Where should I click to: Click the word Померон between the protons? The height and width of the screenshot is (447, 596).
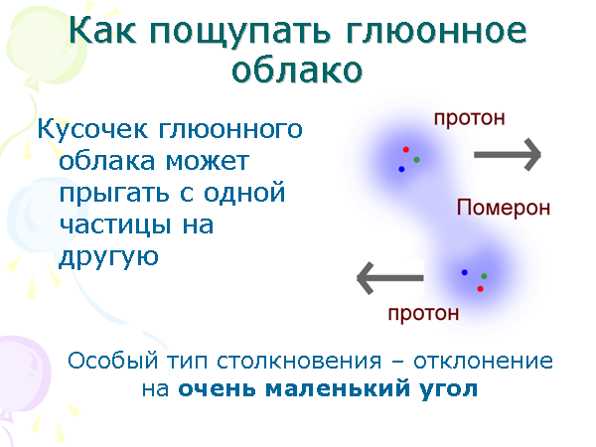503,208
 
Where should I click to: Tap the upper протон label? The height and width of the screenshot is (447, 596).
469,117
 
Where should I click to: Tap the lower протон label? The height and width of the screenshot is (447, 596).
423,314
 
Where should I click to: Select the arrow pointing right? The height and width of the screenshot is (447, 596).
507,154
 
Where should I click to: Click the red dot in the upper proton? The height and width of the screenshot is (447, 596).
406,149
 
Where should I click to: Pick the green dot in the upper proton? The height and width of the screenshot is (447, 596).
417,159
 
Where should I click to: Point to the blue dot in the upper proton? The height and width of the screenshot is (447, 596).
401,169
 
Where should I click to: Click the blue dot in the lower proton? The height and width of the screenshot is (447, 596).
464,271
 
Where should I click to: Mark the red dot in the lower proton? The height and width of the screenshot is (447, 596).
480,288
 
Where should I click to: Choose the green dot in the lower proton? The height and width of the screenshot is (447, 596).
484,276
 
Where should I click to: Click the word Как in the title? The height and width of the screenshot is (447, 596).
108,32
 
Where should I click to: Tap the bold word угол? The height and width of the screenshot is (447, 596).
447,388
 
